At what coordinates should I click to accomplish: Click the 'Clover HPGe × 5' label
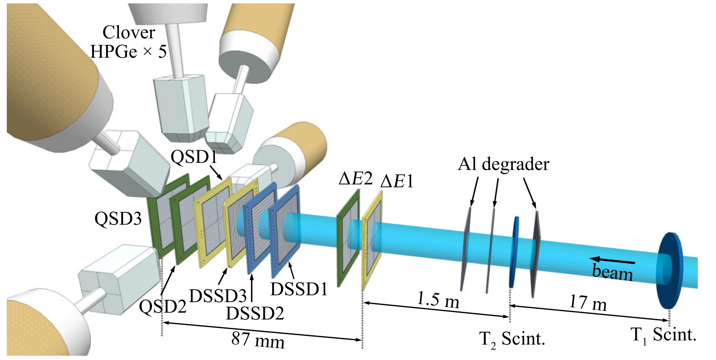[x=129, y=42]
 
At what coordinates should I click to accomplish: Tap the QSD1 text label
[x=194, y=157]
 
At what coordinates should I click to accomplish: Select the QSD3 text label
[x=118, y=219]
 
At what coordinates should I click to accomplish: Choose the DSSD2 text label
[x=255, y=313]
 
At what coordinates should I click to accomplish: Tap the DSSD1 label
[x=299, y=289]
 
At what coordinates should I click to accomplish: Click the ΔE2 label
[x=355, y=179]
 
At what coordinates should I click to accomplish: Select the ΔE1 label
[x=397, y=181]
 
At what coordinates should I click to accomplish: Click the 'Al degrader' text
[x=503, y=164]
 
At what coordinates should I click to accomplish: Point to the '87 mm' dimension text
[x=258, y=340]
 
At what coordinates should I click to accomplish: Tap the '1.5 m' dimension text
[x=438, y=300]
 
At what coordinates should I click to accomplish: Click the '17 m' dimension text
[x=588, y=303]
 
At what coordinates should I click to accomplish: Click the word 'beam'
[x=612, y=272]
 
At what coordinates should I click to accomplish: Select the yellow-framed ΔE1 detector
[x=372, y=240]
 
